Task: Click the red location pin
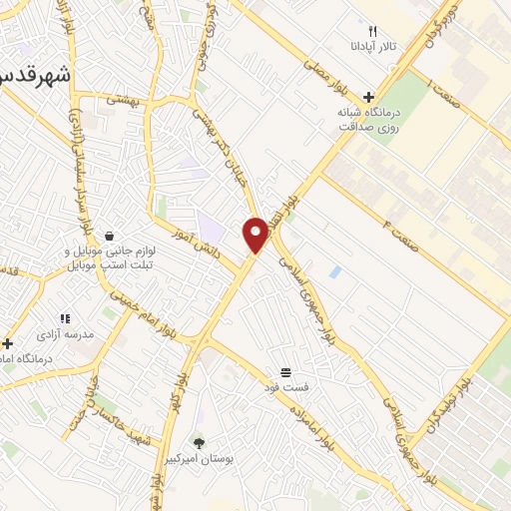[x=255, y=235]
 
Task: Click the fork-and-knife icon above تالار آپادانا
[x=373, y=31]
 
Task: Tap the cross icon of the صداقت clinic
[x=369, y=98]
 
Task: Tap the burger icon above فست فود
[x=286, y=371]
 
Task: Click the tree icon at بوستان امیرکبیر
[x=199, y=443]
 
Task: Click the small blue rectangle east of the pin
[x=334, y=270]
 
